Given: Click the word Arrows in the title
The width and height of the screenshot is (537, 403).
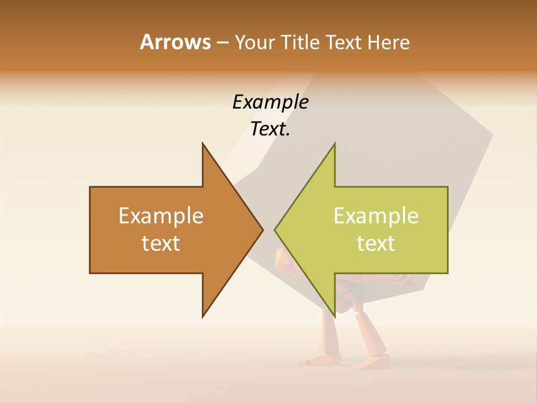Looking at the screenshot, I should point(175,42).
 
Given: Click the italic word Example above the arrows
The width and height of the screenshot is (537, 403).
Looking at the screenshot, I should point(270,102).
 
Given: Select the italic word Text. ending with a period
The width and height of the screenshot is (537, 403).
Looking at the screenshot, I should point(270,129).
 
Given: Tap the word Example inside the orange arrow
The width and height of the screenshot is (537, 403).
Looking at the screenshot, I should point(161,215).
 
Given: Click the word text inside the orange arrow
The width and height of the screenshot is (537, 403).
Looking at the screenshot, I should point(161,243).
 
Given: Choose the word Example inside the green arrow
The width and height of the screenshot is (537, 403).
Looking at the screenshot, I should point(376,215).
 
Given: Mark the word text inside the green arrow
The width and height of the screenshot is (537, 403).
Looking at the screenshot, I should point(376,243).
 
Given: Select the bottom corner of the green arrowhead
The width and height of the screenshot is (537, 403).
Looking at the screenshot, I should point(335,316).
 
